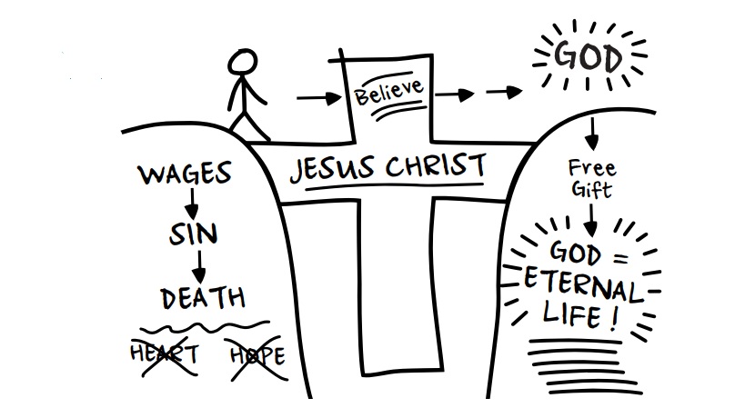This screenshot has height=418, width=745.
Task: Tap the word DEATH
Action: point(202,298)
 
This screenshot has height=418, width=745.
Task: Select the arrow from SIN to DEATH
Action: point(198,266)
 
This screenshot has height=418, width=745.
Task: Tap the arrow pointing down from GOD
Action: point(591,134)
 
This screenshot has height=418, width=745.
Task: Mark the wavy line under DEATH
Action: point(202,326)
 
